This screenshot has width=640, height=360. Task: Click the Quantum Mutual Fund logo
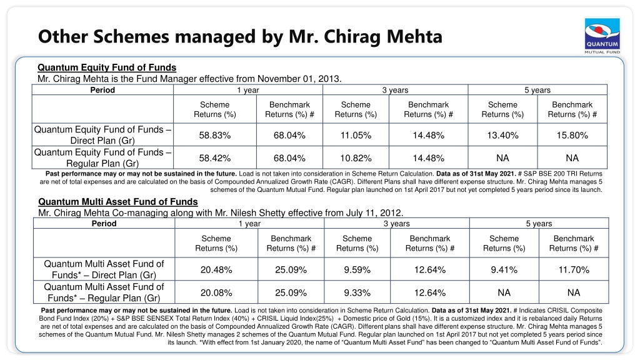[x=602, y=36]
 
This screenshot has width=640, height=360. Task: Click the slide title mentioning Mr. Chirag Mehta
[x=240, y=36]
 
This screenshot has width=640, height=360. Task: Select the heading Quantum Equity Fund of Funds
[x=107, y=67]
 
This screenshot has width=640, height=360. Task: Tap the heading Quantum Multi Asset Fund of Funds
[x=118, y=202]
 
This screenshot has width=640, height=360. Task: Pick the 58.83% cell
[x=215, y=135]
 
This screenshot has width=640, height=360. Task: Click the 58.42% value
[x=215, y=158]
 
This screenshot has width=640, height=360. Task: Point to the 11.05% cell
[x=356, y=135]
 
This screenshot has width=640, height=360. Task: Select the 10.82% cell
[x=356, y=158]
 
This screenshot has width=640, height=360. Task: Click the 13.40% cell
[x=502, y=135]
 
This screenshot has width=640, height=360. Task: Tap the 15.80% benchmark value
[x=572, y=135]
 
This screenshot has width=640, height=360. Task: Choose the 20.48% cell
[x=216, y=270]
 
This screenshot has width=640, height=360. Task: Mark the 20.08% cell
[x=216, y=292]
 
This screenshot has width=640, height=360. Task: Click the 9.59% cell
[x=357, y=270]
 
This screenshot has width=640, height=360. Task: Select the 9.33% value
[x=357, y=292]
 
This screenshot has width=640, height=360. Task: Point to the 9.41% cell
[x=504, y=270]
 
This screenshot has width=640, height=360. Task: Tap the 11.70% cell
[x=574, y=270]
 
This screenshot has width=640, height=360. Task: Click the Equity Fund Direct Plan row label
[x=102, y=135]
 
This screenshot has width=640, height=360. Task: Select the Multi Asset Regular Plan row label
[x=104, y=292]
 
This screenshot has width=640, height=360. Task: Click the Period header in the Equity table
[x=102, y=90]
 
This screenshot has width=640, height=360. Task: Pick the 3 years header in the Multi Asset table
[x=397, y=224]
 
